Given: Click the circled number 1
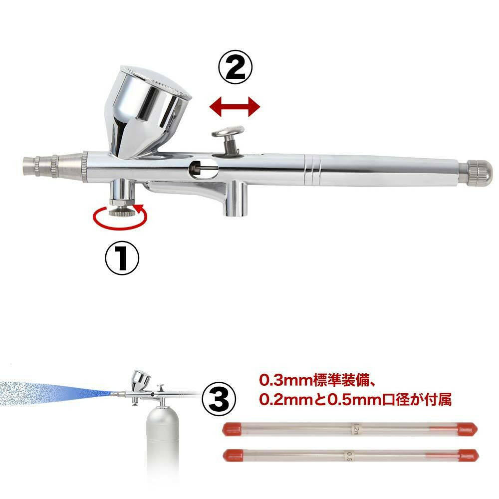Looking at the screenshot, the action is [122, 258].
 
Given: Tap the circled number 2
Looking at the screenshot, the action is [235, 67].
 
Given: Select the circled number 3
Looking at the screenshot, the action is [219, 399].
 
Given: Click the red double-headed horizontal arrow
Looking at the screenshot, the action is [235, 107].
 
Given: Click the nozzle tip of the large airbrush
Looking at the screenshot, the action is [30, 166].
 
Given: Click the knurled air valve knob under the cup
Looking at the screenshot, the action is [122, 212].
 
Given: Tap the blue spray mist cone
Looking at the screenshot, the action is [54, 393].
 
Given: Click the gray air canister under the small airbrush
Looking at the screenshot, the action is [163, 446].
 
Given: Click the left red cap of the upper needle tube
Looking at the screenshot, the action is [233, 429].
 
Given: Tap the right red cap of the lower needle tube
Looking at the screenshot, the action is [468, 456].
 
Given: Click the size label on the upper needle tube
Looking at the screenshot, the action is [356, 429].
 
